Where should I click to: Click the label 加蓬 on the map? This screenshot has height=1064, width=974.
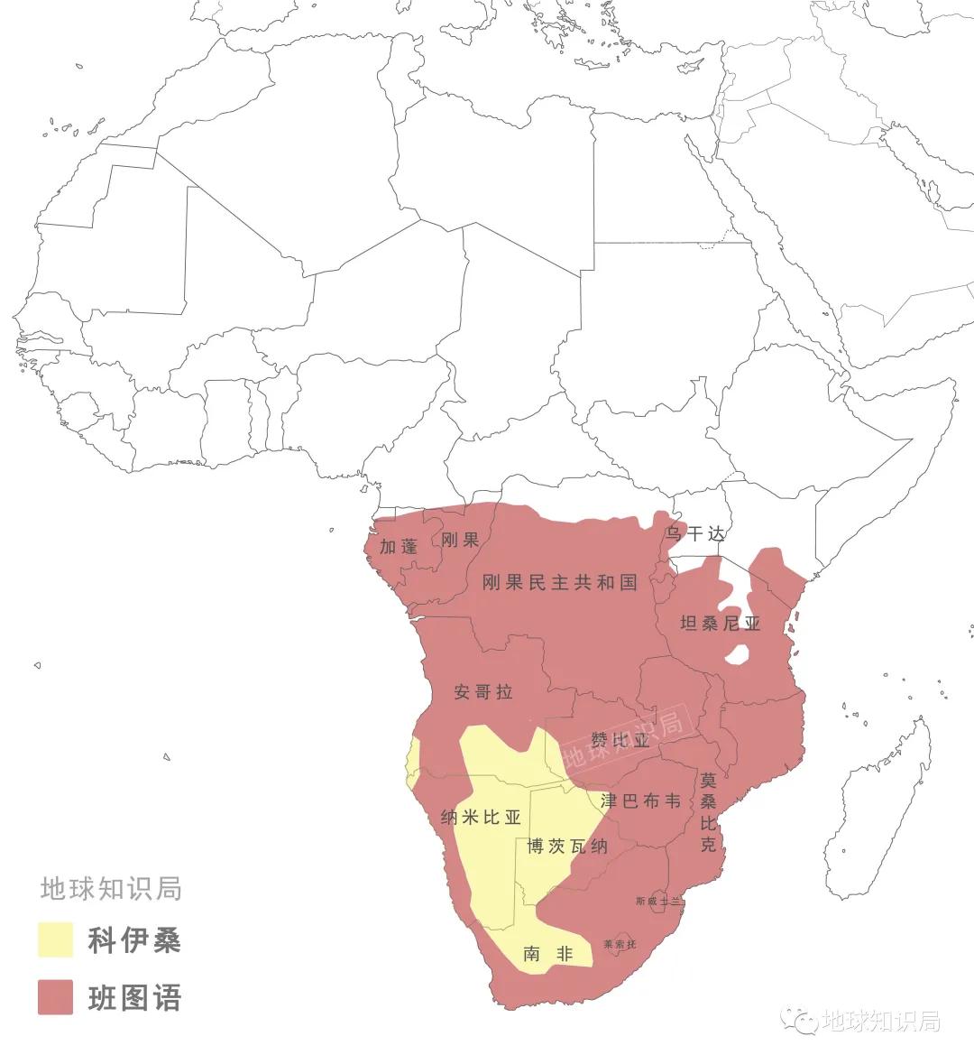point(398,546)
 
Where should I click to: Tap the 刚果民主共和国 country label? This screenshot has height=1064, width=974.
point(559,582)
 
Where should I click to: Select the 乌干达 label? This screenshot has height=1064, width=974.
point(694,533)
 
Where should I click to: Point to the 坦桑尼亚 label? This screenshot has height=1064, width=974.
point(720,624)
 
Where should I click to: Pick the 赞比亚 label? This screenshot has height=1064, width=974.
point(620,741)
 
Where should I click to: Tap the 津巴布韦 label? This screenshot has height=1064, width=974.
point(640,800)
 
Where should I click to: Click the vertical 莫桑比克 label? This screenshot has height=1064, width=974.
point(709,811)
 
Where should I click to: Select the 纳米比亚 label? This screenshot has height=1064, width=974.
point(481,818)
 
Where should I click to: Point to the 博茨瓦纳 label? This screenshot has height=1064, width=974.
point(566,847)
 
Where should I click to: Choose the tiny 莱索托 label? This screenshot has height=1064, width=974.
point(620,944)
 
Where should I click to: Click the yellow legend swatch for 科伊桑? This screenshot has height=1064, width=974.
point(55,939)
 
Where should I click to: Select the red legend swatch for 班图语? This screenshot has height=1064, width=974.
point(55,997)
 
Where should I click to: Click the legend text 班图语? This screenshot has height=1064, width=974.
point(134,997)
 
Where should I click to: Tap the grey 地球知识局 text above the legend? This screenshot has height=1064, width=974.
point(111,888)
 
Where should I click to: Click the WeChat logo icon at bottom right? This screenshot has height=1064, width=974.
point(800,1020)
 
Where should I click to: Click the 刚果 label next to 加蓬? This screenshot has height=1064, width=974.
point(460,540)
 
